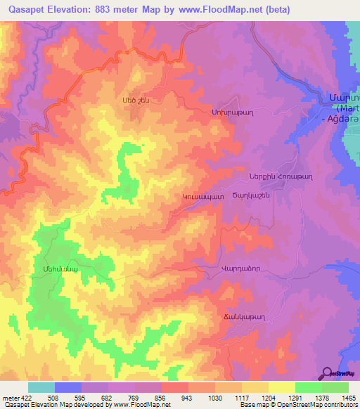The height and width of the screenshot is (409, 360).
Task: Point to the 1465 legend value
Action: click(x=346, y=397)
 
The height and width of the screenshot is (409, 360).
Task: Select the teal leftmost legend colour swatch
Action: click(x=41, y=387)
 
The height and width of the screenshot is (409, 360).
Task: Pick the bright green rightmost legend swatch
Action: click(x=335, y=387)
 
